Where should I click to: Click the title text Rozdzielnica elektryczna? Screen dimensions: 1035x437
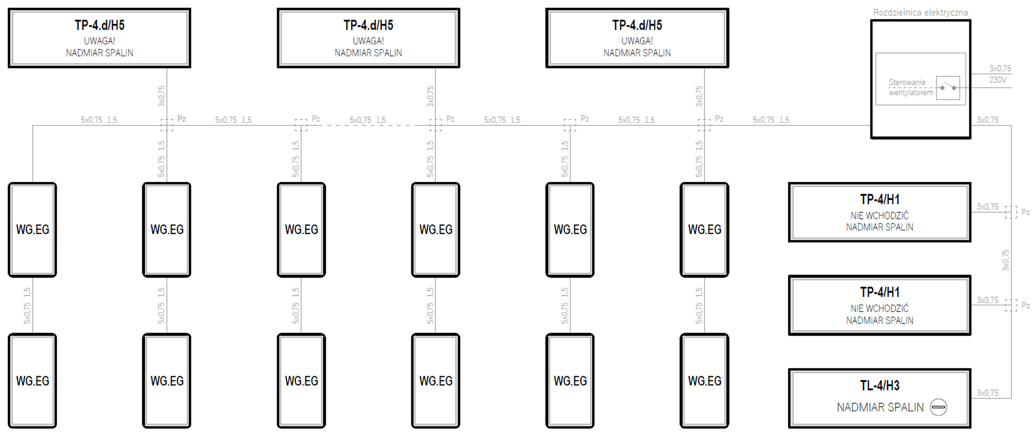tap(920, 13)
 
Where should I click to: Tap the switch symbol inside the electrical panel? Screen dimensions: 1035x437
tap(948, 88)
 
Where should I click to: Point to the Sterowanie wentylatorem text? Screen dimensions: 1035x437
tap(910, 87)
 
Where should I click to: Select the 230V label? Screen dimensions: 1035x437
tap(998, 80)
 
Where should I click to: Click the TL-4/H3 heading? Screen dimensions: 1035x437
tap(880, 385)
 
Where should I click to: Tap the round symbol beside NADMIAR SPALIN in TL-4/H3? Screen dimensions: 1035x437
tap(938, 407)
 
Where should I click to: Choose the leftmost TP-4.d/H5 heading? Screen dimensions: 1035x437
tap(100, 25)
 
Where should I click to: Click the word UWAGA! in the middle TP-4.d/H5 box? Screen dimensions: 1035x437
tap(368, 41)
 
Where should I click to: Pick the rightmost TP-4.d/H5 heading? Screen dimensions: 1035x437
tap(637, 25)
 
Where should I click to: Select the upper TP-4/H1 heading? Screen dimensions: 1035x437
tap(880, 200)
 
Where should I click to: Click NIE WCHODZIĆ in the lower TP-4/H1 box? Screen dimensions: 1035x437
tap(880, 309)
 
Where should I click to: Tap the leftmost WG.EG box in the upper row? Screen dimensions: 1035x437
tap(32, 230)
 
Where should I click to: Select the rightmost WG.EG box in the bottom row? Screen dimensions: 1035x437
tap(704, 381)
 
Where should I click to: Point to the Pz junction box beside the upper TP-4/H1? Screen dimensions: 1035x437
tap(1011, 212)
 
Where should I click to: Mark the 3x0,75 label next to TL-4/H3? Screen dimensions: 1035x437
tap(988, 393)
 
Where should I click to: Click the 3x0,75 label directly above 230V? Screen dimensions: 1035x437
tap(1000, 69)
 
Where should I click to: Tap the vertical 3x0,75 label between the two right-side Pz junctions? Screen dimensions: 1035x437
tap(1006, 260)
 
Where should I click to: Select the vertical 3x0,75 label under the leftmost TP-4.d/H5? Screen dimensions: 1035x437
tap(161, 97)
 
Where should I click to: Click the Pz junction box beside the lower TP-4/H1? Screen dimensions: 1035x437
tap(1011, 305)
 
